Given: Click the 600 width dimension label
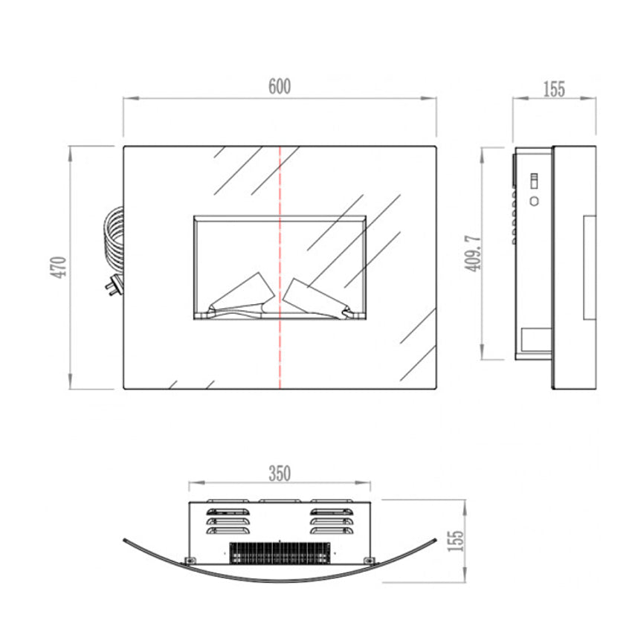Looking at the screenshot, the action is (x=280, y=86).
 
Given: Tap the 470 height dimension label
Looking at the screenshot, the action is (x=59, y=267).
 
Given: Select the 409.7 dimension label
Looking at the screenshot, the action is (x=473, y=253).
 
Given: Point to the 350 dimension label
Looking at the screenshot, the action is (x=280, y=474).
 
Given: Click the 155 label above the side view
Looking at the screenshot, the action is (x=554, y=89).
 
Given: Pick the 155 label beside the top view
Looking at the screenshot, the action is (x=456, y=541).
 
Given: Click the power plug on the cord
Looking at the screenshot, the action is (x=113, y=285).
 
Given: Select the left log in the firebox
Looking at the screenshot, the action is (x=242, y=294).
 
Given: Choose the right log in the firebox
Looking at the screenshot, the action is (x=317, y=298).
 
